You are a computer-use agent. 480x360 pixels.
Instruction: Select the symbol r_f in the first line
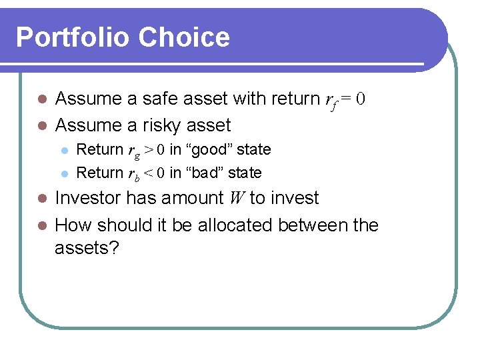click(x=331, y=100)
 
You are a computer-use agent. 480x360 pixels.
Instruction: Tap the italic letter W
click(x=237, y=198)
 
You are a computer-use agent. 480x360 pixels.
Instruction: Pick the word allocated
click(x=234, y=225)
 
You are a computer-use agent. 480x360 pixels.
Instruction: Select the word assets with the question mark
click(x=87, y=249)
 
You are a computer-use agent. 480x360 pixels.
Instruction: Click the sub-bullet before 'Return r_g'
click(x=63, y=150)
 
